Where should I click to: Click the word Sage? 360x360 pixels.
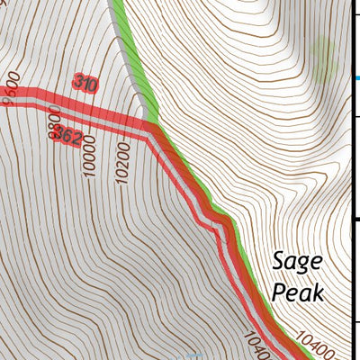[x=296, y=263]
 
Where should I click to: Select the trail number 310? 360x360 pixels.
[x=85, y=85]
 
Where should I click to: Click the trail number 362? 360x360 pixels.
[x=68, y=137]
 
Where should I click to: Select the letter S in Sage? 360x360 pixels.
[x=278, y=263]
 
